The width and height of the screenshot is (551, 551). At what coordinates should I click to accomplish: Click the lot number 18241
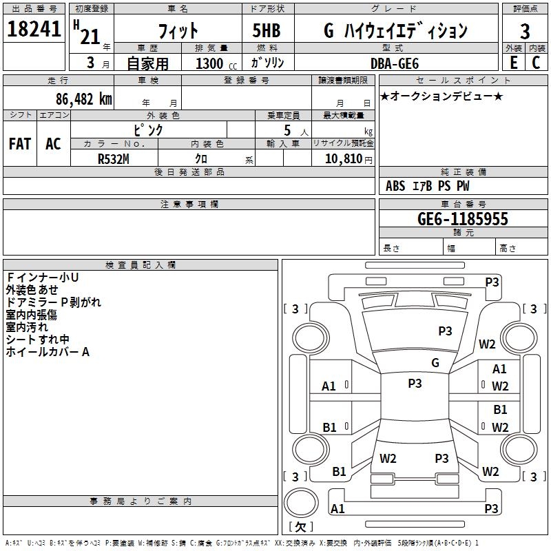pos(35,30)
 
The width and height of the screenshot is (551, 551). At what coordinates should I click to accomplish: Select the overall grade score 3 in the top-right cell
pos(525,31)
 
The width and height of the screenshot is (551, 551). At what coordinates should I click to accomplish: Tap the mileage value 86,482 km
pos(83,99)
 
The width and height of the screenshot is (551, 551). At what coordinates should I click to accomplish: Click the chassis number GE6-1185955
pos(463,219)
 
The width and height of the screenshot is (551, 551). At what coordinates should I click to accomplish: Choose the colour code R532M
pos(114,158)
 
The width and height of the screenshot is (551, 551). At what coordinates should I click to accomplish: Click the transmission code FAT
pos(20,144)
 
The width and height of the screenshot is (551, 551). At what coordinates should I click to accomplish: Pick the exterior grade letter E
pos(513,63)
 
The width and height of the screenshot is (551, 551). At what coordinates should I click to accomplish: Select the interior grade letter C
pos(536,63)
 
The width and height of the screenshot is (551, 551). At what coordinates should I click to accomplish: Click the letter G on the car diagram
pos(435,363)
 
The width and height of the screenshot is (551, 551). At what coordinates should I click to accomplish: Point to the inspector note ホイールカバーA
pos(48,352)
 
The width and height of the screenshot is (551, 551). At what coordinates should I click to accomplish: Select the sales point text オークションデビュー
pos(441,96)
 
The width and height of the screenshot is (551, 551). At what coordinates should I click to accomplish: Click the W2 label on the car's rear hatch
pos(388,458)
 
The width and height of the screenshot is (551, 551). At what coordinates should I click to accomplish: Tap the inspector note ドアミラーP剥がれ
pos(53,302)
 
